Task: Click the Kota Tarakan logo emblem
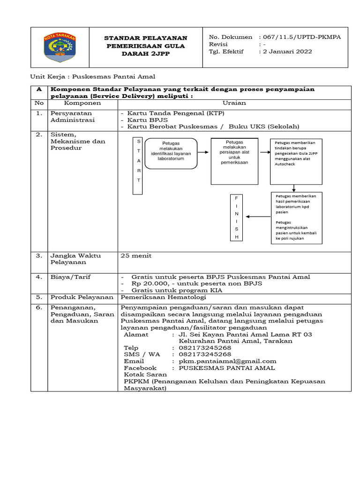(x=60, y=47)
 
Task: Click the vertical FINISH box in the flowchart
(x=237, y=217)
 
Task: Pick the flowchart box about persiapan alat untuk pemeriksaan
(x=234, y=161)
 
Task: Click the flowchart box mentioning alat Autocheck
(x=296, y=161)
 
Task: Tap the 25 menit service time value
(x=136, y=256)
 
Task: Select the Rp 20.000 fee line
(x=196, y=284)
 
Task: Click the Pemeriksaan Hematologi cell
(x=163, y=297)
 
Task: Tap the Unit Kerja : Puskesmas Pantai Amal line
(x=93, y=76)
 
